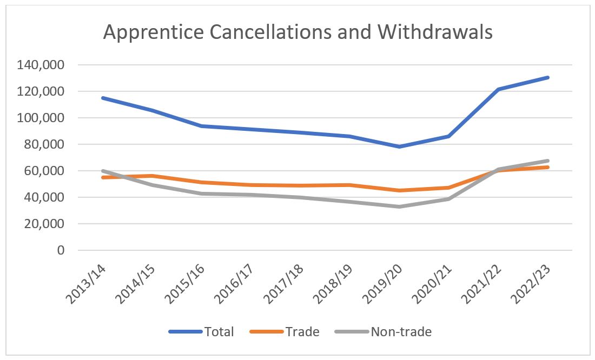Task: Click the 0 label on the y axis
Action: pos(61,250)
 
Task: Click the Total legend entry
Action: pos(202,331)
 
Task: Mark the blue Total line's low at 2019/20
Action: pos(400,146)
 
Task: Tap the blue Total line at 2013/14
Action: pos(102,98)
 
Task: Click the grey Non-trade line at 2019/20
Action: pos(400,206)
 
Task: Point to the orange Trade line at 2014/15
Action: pos(152,176)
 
